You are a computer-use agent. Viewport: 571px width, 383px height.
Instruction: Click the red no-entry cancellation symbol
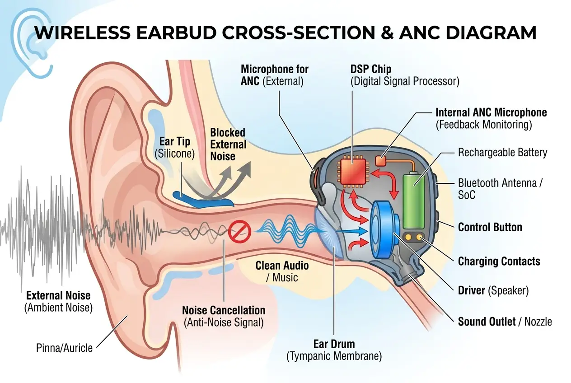click(239, 232)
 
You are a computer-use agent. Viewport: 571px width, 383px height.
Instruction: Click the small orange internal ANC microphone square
click(381, 160)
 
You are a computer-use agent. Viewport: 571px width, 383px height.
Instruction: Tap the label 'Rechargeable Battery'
click(502, 152)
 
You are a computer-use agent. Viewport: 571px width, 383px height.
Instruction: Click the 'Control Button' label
click(490, 227)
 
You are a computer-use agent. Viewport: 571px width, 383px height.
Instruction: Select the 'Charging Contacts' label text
click(499, 261)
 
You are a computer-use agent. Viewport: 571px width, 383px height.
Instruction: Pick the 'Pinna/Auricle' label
click(64, 348)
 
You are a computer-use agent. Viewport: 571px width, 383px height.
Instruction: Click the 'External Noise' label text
click(58, 296)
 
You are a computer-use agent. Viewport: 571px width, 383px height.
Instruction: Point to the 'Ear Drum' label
click(334, 344)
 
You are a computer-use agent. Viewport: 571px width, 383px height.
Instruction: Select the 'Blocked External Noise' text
click(228, 144)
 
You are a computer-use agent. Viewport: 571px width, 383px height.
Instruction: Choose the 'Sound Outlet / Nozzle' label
click(505, 322)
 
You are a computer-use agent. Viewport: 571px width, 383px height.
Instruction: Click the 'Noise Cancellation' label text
click(223, 310)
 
